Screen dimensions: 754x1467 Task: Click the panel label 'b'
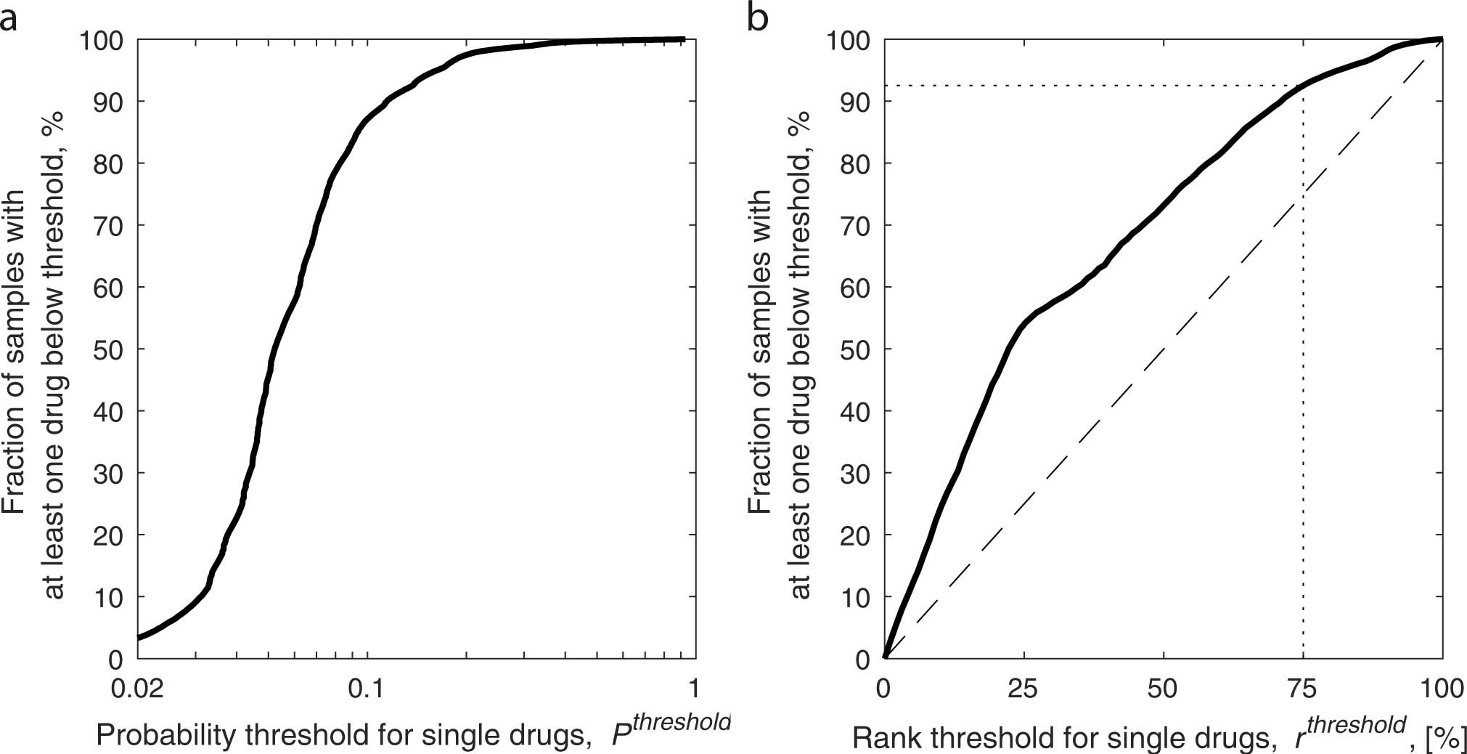click(x=758, y=17)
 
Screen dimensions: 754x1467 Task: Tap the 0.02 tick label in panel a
click(x=137, y=687)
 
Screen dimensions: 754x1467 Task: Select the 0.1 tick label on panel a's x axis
click(x=366, y=687)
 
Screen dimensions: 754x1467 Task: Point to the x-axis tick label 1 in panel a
click(x=695, y=687)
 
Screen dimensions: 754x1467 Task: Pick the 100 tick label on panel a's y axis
click(x=102, y=40)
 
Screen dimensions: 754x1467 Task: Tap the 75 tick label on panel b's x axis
click(x=1303, y=687)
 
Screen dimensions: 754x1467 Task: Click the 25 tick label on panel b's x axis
click(x=1023, y=687)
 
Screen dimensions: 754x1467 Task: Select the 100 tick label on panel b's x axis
click(x=1441, y=687)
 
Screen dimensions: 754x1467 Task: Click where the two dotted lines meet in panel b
click(x=1303, y=86)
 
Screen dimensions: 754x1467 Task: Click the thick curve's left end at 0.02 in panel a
click(x=139, y=638)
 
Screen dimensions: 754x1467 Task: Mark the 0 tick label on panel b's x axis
click(x=883, y=687)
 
